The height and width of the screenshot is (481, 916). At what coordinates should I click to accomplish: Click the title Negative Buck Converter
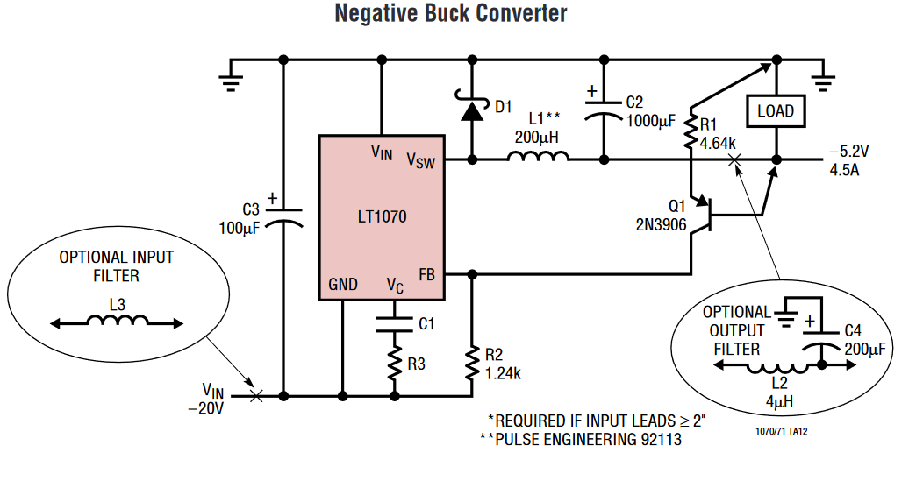pyautogui.click(x=451, y=14)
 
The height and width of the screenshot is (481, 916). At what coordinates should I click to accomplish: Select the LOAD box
pyautogui.click(x=776, y=111)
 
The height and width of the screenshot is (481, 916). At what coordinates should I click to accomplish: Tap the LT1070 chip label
pyautogui.click(x=382, y=216)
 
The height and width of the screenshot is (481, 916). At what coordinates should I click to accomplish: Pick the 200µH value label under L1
pyautogui.click(x=536, y=138)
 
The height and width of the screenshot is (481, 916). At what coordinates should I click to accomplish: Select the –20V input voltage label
pyautogui.click(x=211, y=408)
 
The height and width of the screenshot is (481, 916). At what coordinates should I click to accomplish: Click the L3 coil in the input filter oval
pyautogui.click(x=117, y=322)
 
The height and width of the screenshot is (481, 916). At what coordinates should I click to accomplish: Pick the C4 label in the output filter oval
pyautogui.click(x=852, y=331)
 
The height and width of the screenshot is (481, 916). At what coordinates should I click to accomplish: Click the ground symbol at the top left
pyautogui.click(x=231, y=79)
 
